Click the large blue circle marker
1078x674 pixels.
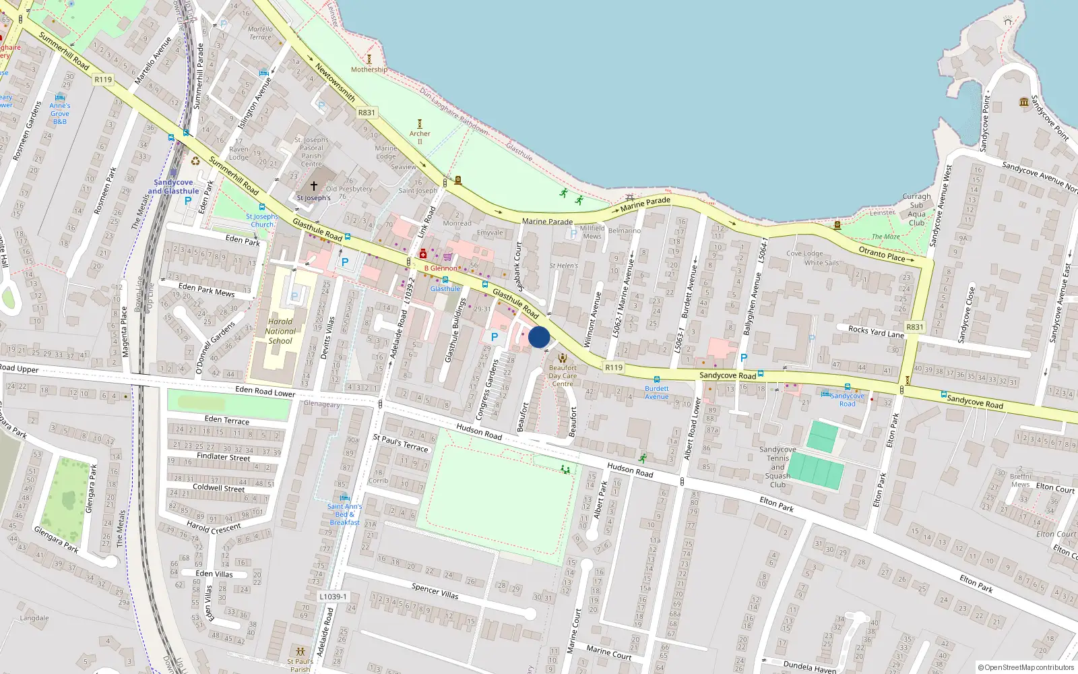pyautogui.click(x=539, y=337)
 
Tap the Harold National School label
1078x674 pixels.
pyautogui.click(x=280, y=331)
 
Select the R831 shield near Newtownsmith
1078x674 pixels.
pyautogui.click(x=367, y=113)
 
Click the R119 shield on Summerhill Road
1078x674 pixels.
pyautogui.click(x=103, y=80)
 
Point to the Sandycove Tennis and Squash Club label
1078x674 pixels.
pyautogui.click(x=778, y=467)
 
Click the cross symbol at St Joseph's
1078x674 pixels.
pyautogui.click(x=314, y=185)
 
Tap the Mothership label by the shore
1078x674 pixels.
pyautogui.click(x=369, y=69)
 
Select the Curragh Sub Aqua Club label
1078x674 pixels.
pyautogui.click(x=916, y=210)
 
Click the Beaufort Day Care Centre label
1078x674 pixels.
pyautogui.click(x=563, y=376)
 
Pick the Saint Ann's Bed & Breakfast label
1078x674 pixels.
pyautogui.click(x=344, y=514)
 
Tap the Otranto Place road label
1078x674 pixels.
pyautogui.click(x=886, y=255)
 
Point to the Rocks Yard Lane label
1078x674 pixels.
pyautogui.click(x=876, y=332)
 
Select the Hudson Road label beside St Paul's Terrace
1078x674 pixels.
pyautogui.click(x=479, y=431)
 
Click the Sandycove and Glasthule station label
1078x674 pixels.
pyautogui.click(x=173, y=187)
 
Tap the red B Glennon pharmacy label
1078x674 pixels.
pyautogui.click(x=441, y=268)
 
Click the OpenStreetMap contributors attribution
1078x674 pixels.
pyautogui.click(x=1026, y=667)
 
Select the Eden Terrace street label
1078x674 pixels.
pyautogui.click(x=227, y=420)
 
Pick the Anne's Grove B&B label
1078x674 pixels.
pyautogui.click(x=60, y=113)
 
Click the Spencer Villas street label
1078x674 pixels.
pyautogui.click(x=435, y=591)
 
